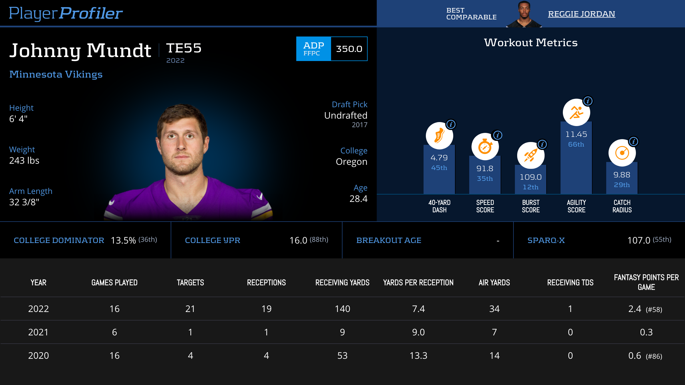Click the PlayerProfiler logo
[x=66, y=13]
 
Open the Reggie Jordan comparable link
[x=581, y=14]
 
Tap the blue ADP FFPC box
[x=313, y=49]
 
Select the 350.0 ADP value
[x=349, y=49]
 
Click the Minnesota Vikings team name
[x=56, y=74]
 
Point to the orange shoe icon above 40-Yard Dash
[x=439, y=136]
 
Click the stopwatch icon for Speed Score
[x=485, y=147]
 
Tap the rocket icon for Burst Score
[x=531, y=155]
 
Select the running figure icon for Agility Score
[x=576, y=112]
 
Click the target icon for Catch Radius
[x=622, y=153]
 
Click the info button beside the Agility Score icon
[x=588, y=101]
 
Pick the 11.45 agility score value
[x=576, y=134]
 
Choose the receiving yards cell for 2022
[x=342, y=309]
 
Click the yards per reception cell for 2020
[x=418, y=356]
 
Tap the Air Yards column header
[x=494, y=283]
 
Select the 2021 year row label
[x=38, y=332]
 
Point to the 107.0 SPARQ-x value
[x=638, y=240]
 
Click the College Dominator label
[x=59, y=240]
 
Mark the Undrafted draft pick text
[x=346, y=116]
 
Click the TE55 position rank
[x=184, y=48]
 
